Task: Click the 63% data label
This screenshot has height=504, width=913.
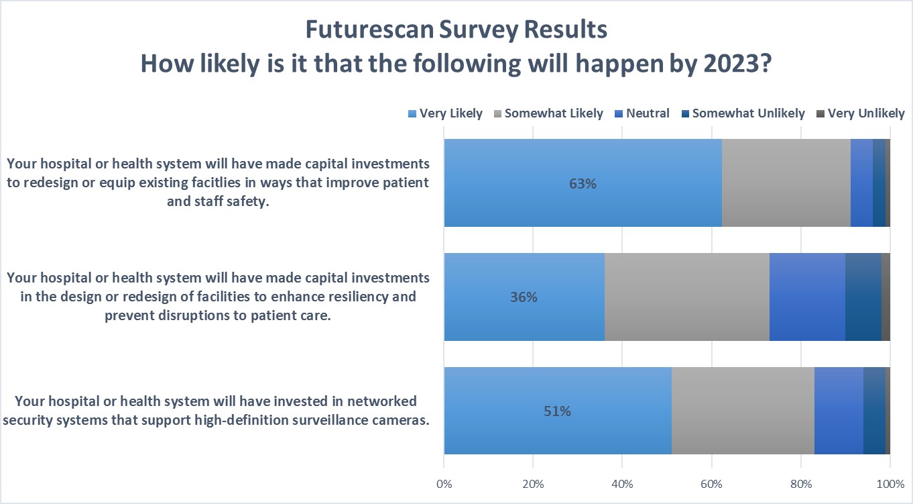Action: pyautogui.click(x=583, y=183)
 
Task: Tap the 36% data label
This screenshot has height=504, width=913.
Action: pyautogui.click(x=524, y=297)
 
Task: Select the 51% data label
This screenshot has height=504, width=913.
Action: pyautogui.click(x=557, y=411)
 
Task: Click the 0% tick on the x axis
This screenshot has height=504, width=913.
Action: pyautogui.click(x=444, y=483)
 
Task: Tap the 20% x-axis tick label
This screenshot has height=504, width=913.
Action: pyautogui.click(x=533, y=483)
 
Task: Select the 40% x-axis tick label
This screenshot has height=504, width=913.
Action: pyautogui.click(x=622, y=483)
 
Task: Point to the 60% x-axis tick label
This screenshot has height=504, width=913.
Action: pyautogui.click(x=711, y=483)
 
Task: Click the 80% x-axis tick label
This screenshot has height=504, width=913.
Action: pyautogui.click(x=800, y=483)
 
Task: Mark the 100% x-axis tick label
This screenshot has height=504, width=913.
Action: pyautogui.click(x=890, y=483)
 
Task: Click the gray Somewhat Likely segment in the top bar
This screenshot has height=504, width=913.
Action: pyautogui.click(x=786, y=183)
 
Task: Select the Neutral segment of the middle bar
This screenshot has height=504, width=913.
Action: pyautogui.click(x=807, y=297)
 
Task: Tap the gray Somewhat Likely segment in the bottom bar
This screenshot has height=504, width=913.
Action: pyautogui.click(x=743, y=411)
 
